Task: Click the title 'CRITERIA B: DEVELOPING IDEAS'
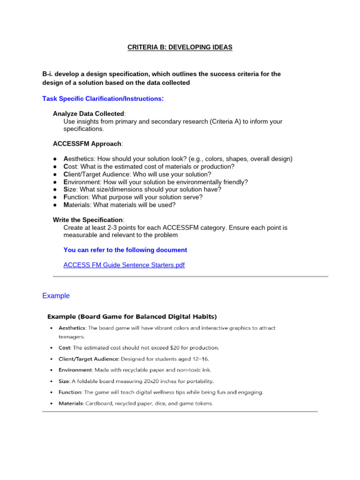coord(180,47)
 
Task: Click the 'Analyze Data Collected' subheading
coord(89,114)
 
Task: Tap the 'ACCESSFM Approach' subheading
coord(87,143)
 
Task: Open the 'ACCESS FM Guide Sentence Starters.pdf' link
coord(124,265)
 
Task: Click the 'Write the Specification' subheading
coord(88,220)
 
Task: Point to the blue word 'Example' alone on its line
coord(56,296)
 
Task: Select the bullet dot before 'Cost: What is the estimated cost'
coord(55,166)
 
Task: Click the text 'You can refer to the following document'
coord(125,250)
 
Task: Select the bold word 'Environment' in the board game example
coord(75,370)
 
